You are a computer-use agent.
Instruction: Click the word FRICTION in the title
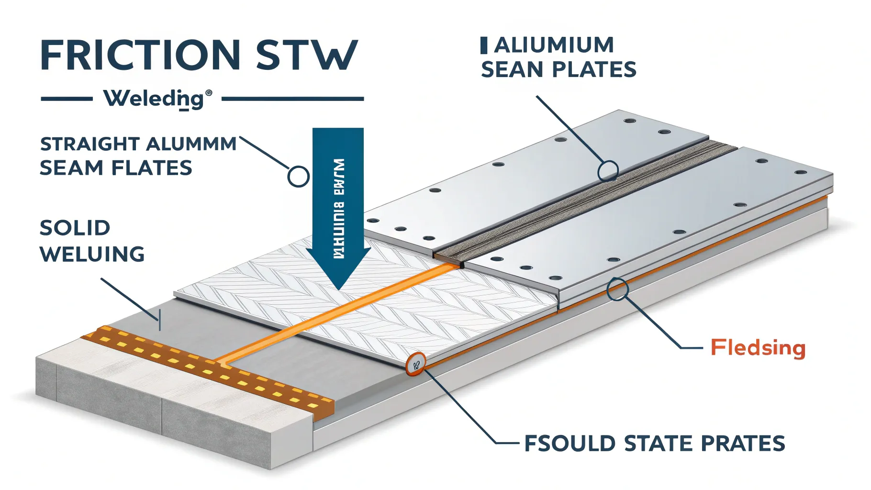coord(140,55)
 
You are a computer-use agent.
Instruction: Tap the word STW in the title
coord(307,55)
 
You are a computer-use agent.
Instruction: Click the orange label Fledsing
coord(758,348)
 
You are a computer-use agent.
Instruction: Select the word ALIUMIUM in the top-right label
coord(554,46)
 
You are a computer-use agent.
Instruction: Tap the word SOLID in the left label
coord(75,228)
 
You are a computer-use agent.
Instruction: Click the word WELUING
coord(92,254)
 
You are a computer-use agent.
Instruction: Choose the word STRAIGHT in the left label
coord(89,144)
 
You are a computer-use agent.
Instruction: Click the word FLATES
coord(152,168)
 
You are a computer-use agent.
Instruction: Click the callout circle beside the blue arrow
coord(298,177)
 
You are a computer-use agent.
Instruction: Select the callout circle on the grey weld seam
coord(608,170)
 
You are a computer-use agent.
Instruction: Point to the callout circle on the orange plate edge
coord(617,290)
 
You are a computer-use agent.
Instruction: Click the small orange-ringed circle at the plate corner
coord(415,365)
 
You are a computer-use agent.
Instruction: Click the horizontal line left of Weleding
coord(67,99)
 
